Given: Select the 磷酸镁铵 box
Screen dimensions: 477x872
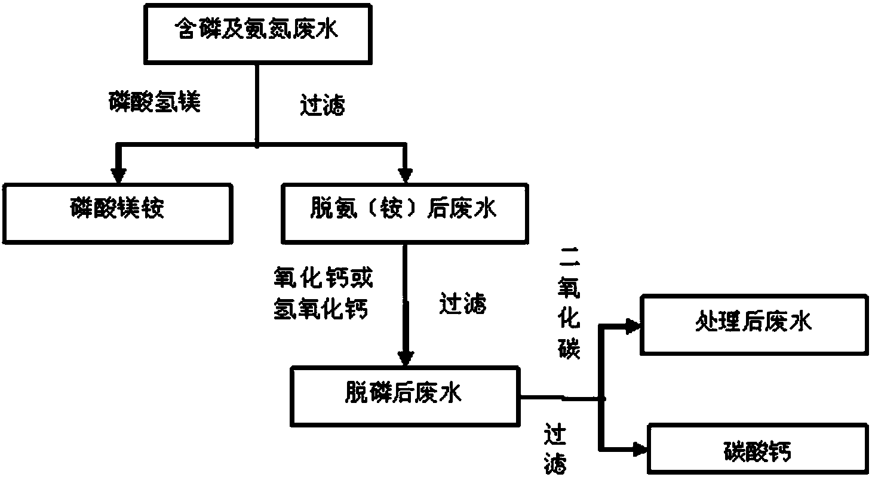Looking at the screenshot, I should click(x=118, y=213).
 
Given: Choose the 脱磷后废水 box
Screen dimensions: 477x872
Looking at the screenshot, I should click(x=404, y=395).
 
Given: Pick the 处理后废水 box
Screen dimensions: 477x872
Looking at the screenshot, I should click(x=754, y=324).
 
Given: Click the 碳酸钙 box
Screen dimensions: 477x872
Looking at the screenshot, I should click(x=759, y=451).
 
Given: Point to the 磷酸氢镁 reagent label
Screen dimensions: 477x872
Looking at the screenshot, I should click(x=155, y=102).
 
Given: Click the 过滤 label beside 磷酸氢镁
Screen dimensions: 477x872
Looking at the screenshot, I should click(x=322, y=107).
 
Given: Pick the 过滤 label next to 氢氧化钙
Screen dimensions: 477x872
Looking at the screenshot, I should click(x=463, y=304).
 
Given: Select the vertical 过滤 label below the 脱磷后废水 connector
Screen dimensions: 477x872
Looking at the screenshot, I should click(x=555, y=449).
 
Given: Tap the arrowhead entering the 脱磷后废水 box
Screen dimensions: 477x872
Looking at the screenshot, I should click(x=406, y=358).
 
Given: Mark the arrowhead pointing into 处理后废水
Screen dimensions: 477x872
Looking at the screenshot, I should click(x=631, y=325).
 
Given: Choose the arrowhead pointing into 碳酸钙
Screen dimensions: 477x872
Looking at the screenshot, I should click(x=638, y=450).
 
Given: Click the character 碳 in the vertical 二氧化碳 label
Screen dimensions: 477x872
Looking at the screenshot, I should click(x=569, y=349).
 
